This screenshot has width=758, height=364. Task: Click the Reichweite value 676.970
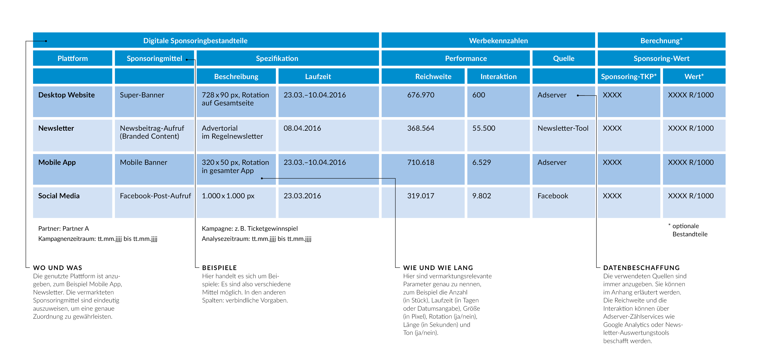tap(420, 95)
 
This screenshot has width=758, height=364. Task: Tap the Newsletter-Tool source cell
tap(563, 128)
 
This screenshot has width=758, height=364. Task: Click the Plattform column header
tap(72, 58)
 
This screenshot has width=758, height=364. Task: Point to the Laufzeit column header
tap(318, 76)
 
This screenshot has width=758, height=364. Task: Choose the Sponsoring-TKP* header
tap(629, 76)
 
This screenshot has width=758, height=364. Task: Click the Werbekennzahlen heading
tap(498, 41)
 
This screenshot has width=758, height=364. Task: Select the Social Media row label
tap(59, 196)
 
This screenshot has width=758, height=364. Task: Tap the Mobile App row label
tap(57, 162)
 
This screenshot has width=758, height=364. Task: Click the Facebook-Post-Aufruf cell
tap(155, 196)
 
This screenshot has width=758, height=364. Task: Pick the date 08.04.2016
tap(302, 128)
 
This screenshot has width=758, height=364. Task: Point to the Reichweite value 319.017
tap(420, 196)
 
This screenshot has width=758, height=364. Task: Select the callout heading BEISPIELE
tap(220, 268)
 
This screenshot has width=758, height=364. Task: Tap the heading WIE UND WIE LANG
tap(438, 268)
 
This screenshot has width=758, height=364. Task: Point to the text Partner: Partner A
tap(64, 229)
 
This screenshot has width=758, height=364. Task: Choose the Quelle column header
tap(564, 58)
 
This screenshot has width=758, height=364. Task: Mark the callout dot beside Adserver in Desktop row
tap(578, 95)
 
